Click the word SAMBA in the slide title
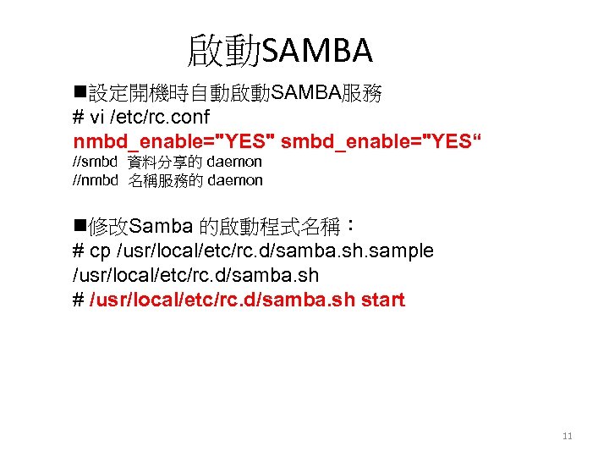click(x=317, y=52)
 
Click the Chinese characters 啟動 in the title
click(x=224, y=52)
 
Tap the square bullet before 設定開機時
click(x=80, y=93)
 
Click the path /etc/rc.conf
click(x=163, y=116)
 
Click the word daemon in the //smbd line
click(x=234, y=161)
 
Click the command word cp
click(x=101, y=251)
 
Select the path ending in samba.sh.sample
click(x=275, y=251)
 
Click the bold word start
click(x=383, y=300)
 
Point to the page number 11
click(x=567, y=437)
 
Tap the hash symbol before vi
click(x=79, y=116)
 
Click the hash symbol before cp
click(x=79, y=251)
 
